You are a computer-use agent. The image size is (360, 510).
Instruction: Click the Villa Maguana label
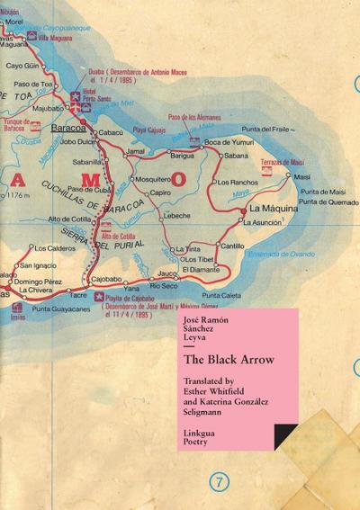(x=54, y=40)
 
